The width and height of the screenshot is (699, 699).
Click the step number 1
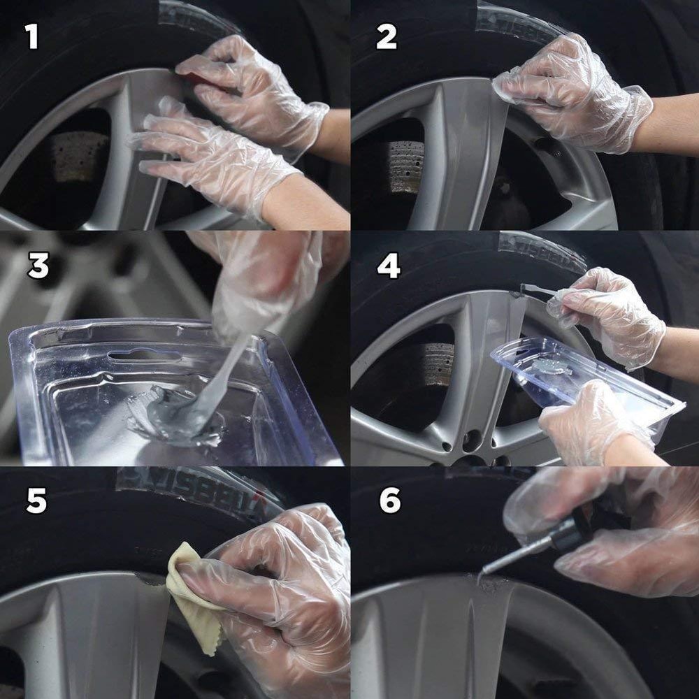pyautogui.click(x=32, y=36)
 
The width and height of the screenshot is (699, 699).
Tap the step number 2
pyautogui.click(x=386, y=36)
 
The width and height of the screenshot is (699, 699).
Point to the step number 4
pyautogui.click(x=389, y=266)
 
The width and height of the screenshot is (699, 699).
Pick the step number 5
pyautogui.click(x=36, y=502)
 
